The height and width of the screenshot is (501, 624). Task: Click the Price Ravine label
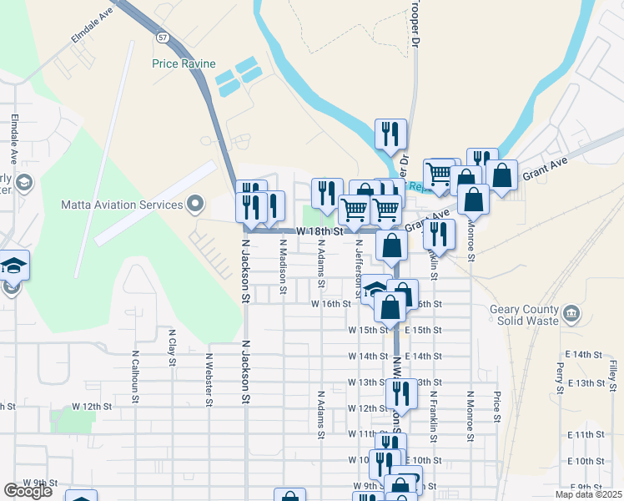[184, 63]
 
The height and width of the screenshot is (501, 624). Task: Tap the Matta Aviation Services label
[122, 205]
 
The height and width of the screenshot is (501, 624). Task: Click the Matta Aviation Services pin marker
[196, 203]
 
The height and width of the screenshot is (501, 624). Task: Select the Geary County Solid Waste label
[523, 315]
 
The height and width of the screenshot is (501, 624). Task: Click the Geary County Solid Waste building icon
[571, 314]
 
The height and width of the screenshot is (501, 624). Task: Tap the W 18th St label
[321, 231]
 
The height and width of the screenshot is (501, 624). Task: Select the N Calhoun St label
[133, 372]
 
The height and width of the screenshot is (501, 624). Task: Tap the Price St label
[496, 405]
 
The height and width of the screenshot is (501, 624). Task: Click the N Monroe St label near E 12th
[471, 412]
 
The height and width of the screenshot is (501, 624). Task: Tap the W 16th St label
[330, 304]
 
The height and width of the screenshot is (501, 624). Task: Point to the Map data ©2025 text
[588, 494]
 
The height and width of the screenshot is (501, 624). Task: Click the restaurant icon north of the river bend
[390, 134]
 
